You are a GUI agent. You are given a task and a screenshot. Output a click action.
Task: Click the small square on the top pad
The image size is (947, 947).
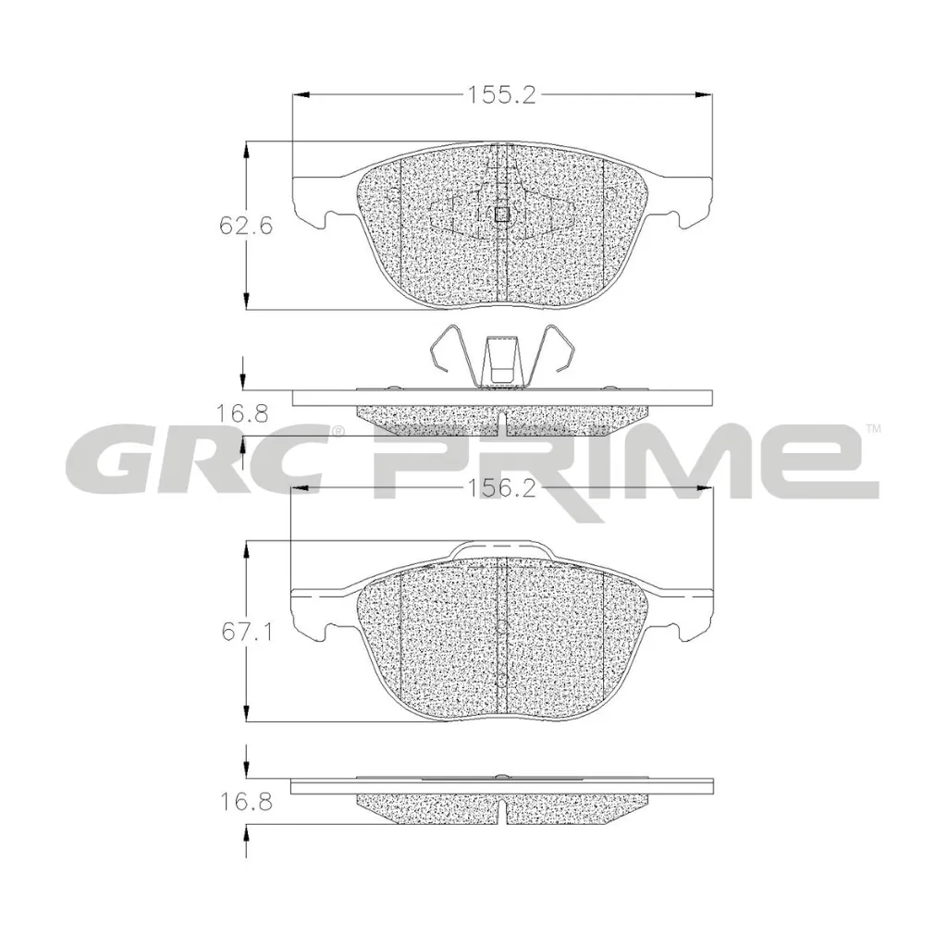502,215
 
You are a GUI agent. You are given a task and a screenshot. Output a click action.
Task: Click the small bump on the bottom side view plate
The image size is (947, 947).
499,776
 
